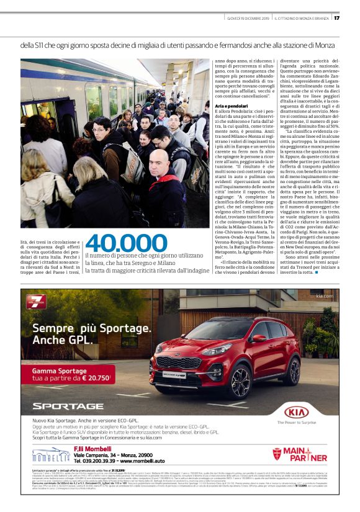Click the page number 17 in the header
tap(336, 17)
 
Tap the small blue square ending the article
tap(317, 272)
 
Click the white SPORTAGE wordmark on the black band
tap(64, 406)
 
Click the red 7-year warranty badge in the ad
tap(37, 302)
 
